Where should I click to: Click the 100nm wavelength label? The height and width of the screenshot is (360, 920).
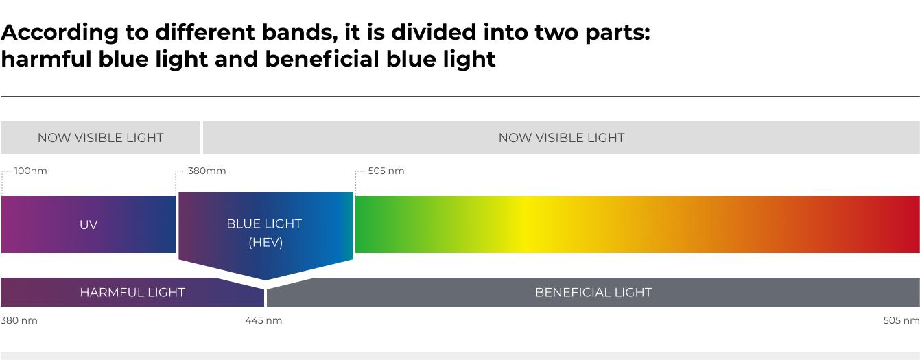30,171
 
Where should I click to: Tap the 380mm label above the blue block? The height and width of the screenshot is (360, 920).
207,171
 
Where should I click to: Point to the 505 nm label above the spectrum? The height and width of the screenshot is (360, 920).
386,171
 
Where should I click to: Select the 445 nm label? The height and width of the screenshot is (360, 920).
263,320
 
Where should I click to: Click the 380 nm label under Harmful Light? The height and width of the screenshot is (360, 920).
19,320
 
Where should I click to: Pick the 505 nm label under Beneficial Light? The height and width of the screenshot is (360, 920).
901,320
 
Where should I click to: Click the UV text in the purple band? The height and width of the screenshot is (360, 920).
89,224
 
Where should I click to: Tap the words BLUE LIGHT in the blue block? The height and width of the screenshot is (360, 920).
264,224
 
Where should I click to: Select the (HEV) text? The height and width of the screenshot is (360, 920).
266,242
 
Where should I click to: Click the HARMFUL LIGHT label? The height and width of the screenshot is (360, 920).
132,292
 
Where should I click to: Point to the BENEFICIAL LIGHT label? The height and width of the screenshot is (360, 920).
593,292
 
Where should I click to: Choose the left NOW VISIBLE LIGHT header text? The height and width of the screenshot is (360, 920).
100,138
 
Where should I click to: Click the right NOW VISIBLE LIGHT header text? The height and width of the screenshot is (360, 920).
561,138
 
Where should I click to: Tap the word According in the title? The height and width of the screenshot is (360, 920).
60,33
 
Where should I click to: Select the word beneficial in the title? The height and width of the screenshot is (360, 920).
322,59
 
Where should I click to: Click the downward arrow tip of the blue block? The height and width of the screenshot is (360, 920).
266,280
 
